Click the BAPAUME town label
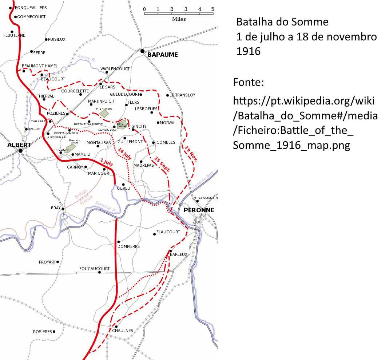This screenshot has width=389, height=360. [x=163, y=55]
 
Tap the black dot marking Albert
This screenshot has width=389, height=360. [x=20, y=151]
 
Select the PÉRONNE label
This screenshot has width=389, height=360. [x=199, y=210]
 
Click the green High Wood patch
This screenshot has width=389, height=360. [x=104, y=113]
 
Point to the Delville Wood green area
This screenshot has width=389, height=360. [x=122, y=124]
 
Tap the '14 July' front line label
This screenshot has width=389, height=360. [x=124, y=155]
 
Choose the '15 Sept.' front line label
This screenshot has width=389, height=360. [x=162, y=164]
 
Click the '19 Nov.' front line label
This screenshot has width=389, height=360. [x=191, y=154]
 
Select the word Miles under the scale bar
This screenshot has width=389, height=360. [x=179, y=19]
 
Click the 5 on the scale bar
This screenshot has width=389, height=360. [x=213, y=9]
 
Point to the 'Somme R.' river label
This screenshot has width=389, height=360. [x=105, y=206]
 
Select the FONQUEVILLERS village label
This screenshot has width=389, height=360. [x=31, y=8]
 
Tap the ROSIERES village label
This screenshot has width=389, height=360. [x=43, y=332]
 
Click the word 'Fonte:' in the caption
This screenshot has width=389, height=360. [x=248, y=82]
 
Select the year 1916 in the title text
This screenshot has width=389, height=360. [x=249, y=51]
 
